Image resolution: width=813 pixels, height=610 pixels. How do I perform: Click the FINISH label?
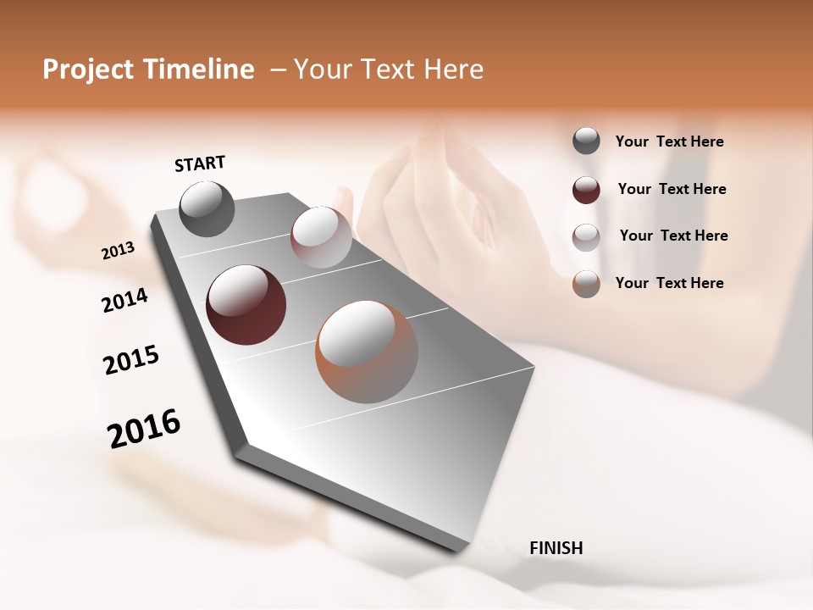[x=556, y=548]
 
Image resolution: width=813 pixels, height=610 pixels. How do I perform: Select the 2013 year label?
[x=118, y=251]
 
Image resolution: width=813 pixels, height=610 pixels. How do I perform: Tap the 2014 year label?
[x=124, y=300]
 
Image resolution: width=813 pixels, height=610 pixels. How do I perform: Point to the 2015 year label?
[x=131, y=360]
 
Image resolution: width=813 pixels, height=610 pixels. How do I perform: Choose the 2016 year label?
[x=144, y=428]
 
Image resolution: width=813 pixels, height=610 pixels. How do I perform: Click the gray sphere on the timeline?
[x=207, y=209]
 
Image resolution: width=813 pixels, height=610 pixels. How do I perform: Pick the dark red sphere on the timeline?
[x=246, y=305]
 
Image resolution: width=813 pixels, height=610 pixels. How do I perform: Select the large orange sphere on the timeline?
[x=366, y=351]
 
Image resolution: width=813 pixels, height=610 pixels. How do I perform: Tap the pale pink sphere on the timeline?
[x=321, y=237]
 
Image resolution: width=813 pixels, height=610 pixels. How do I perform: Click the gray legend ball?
[x=586, y=141]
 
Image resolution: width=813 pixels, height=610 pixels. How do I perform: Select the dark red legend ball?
[x=586, y=190]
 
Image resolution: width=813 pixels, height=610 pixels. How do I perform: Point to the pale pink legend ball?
[x=586, y=237]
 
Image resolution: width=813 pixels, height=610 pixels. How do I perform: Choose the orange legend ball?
[x=586, y=284]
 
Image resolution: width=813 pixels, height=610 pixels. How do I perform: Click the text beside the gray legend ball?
[x=669, y=142]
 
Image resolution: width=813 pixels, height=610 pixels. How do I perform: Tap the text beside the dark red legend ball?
[x=672, y=189]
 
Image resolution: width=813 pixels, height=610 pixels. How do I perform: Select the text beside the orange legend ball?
[x=669, y=283]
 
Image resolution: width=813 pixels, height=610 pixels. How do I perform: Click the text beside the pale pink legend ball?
[x=673, y=236]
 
